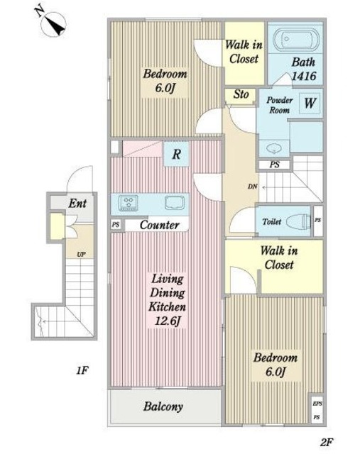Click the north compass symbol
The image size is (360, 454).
(53, 23)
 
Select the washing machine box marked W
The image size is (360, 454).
(310, 103)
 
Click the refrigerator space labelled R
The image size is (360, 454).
(176, 154)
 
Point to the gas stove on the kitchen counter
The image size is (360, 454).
(128, 202)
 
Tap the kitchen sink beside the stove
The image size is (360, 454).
(175, 202)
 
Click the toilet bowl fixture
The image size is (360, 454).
(298, 222)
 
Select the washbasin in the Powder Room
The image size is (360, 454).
(273, 149)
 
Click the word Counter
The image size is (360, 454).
(159, 225)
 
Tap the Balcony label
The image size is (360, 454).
(163, 406)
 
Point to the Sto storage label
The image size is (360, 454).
(241, 94)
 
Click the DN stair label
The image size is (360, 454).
(253, 187)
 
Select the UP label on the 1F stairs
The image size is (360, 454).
(81, 255)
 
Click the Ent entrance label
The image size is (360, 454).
(77, 204)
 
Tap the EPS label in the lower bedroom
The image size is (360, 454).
(317, 404)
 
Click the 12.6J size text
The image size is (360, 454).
(168, 321)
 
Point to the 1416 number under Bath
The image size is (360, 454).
(303, 76)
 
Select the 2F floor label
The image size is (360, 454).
(327, 442)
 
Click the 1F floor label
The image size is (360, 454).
(82, 370)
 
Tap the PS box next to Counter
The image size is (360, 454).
(116, 224)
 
